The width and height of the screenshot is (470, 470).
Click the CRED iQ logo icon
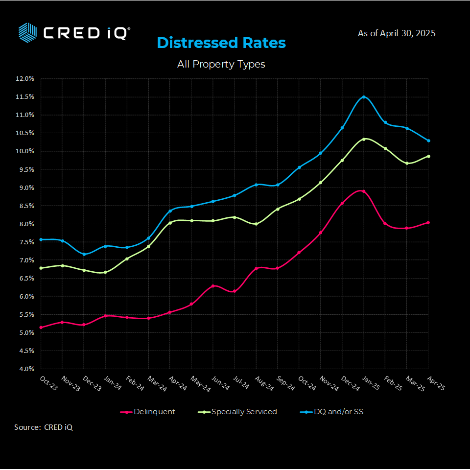27,32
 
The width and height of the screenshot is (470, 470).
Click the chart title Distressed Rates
221,43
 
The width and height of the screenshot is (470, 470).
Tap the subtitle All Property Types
221,64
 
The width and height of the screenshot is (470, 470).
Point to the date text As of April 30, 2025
397,33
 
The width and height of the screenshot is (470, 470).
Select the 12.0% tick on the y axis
24,78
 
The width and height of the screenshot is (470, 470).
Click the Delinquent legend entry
148,412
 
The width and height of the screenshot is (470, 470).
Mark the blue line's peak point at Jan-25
364,97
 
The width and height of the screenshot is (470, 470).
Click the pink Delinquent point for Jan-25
364,191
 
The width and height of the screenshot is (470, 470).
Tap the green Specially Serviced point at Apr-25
428,156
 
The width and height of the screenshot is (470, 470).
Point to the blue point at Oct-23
41,239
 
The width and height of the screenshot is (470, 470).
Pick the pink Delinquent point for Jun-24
213,285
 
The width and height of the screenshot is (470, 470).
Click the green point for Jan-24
105,272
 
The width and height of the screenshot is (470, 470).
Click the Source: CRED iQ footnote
43,427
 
